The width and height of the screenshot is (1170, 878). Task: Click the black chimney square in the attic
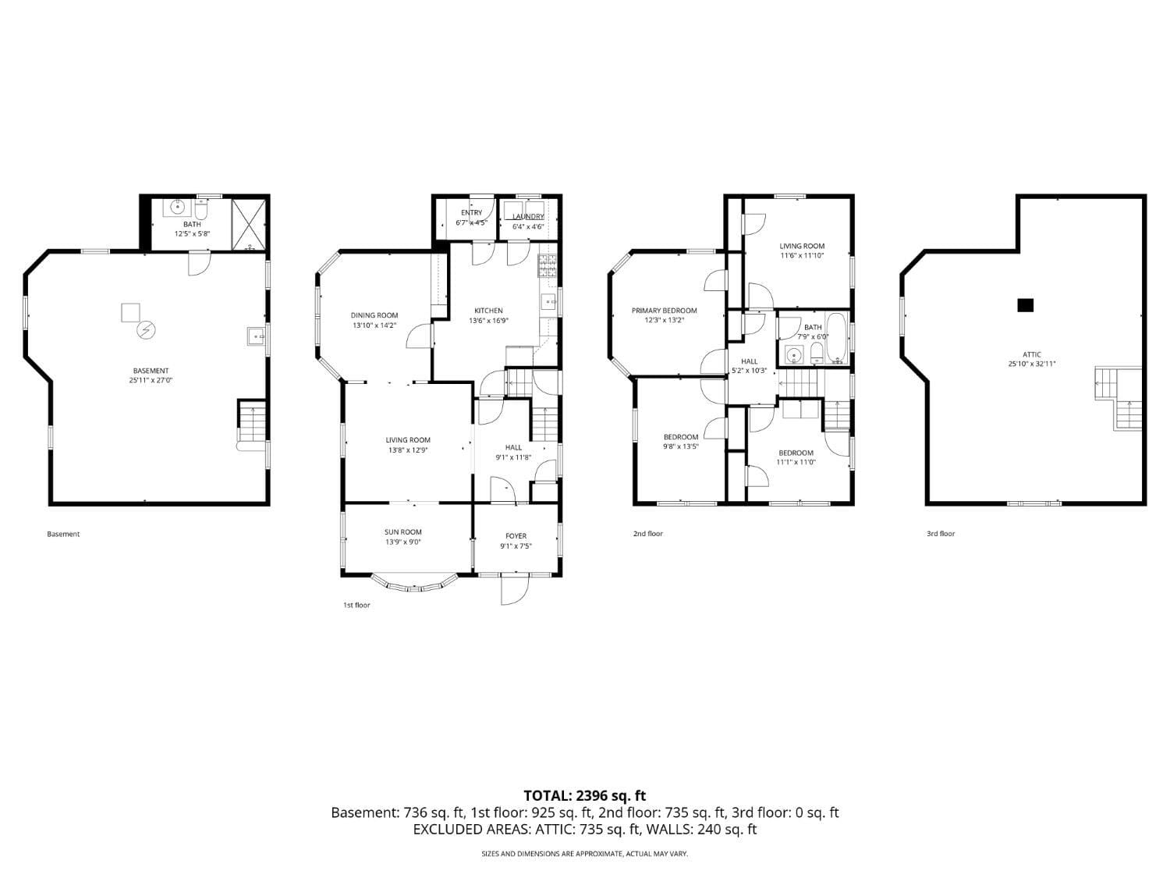[1026, 305]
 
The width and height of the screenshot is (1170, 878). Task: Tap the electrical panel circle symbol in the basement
[146, 331]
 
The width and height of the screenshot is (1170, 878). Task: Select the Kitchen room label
[488, 311]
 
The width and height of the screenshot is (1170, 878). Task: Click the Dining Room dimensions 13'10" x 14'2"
[374, 325]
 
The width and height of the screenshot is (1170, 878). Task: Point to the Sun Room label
[402, 532]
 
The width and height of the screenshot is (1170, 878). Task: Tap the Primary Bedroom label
[664, 311]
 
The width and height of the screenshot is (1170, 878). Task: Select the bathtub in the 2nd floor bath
[836, 338]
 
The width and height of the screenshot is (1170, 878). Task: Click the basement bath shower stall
[249, 222]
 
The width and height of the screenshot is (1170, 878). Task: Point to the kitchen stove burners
[546, 267]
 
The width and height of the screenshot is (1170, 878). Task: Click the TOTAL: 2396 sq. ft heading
[584, 796]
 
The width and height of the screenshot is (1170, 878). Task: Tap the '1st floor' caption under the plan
[356, 605]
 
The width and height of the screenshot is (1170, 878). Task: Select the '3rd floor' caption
[940, 534]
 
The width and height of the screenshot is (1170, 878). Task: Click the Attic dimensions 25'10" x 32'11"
[1031, 364]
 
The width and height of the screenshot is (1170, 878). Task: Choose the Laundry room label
[528, 216]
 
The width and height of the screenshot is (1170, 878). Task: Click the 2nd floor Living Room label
[802, 246]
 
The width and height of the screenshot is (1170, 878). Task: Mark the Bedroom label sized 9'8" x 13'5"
[681, 437]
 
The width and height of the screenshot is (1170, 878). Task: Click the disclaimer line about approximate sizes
[584, 854]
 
